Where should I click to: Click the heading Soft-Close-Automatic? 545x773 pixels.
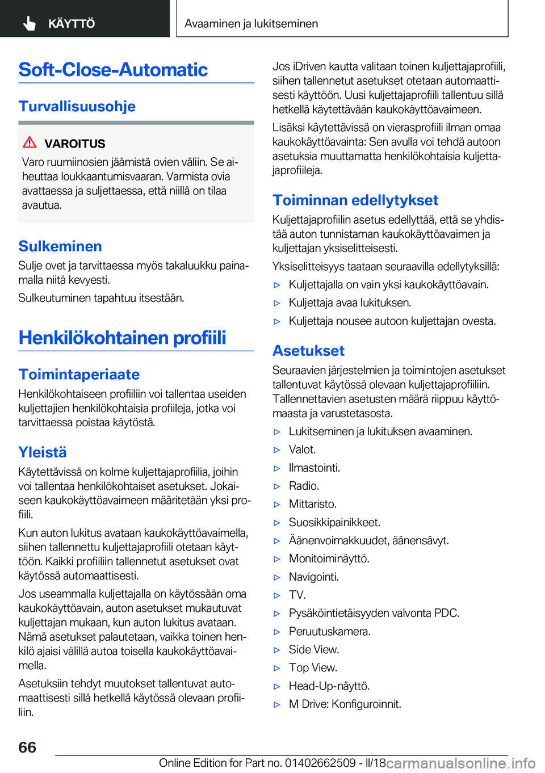(x=113, y=70)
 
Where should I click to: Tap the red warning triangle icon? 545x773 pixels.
(x=30, y=142)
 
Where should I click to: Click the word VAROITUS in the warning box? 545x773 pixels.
(x=75, y=144)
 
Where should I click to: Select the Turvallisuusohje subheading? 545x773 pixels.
(x=77, y=106)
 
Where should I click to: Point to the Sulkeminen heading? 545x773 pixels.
(x=60, y=246)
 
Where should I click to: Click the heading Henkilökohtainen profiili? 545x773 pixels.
(x=122, y=338)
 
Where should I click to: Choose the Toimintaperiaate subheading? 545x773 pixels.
(x=79, y=375)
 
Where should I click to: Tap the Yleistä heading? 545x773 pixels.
(x=43, y=452)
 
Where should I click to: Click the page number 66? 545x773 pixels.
(x=27, y=747)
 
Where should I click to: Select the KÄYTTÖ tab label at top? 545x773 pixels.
(x=72, y=24)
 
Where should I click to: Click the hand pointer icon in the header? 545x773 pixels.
(x=30, y=23)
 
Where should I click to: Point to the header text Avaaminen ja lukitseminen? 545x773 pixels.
(x=251, y=24)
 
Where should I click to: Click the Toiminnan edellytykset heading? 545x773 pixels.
(x=355, y=200)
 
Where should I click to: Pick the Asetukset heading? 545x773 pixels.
(x=308, y=351)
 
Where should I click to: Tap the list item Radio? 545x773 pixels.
(x=304, y=486)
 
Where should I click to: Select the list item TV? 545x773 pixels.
(x=297, y=595)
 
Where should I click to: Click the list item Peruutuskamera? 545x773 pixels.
(x=329, y=631)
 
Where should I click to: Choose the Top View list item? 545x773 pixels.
(x=313, y=667)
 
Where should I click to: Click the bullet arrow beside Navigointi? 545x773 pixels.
(x=277, y=577)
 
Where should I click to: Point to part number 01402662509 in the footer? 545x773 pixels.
(x=320, y=763)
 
